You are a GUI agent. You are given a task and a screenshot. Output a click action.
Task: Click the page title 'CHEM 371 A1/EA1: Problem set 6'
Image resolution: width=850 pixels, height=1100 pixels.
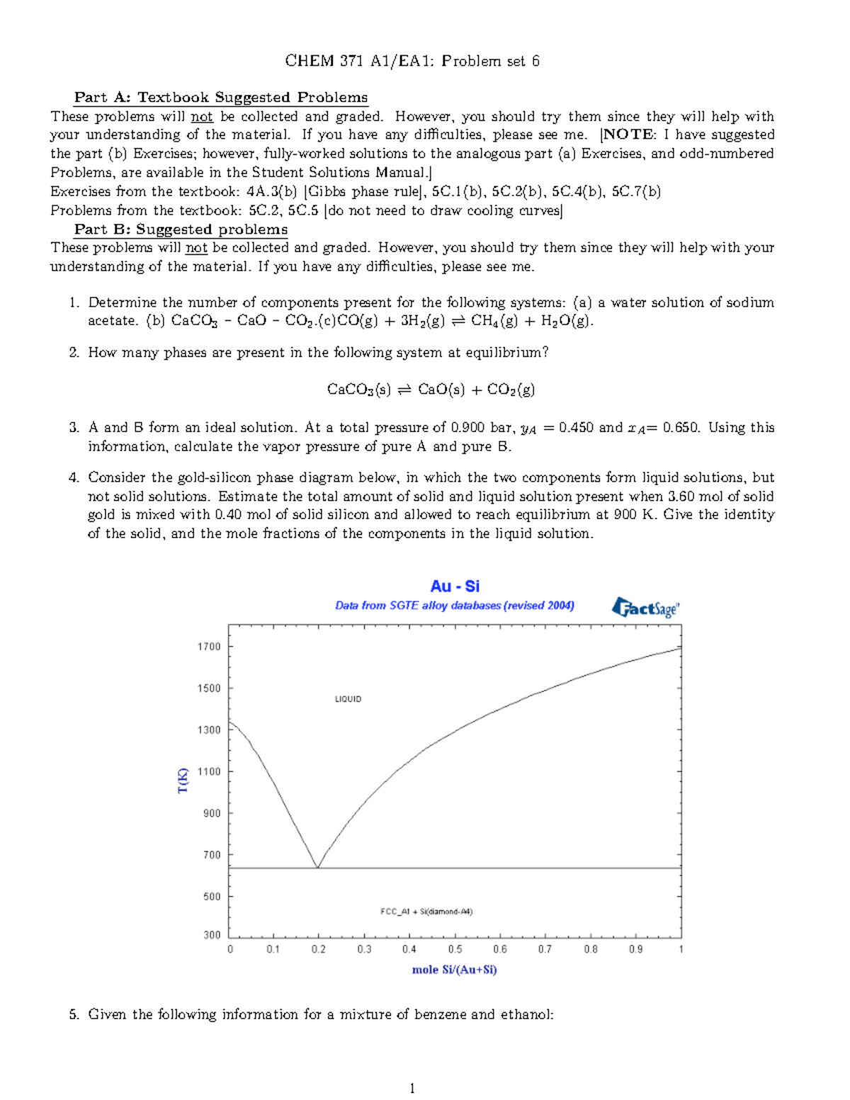[412, 61]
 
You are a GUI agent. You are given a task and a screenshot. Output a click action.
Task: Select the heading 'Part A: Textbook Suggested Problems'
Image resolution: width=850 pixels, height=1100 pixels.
[221, 98]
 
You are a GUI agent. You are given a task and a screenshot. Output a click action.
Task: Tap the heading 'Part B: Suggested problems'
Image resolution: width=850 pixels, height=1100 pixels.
[181, 229]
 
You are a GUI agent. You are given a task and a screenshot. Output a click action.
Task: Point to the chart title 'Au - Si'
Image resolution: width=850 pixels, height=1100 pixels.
[455, 586]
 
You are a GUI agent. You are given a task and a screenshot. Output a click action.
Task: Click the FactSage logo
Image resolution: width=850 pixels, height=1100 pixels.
[645, 607]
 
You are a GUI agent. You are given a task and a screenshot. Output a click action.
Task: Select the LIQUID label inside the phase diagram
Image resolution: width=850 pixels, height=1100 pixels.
[348, 699]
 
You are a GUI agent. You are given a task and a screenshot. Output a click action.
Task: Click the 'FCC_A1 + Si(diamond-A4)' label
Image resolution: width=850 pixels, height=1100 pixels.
[426, 912]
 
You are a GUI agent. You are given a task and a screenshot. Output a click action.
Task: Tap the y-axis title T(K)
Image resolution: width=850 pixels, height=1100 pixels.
[183, 780]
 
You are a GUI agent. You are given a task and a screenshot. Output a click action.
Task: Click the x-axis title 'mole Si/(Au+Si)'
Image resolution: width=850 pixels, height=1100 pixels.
[454, 970]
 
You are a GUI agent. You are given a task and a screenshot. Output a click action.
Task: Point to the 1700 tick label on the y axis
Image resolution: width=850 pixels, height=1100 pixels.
[209, 647]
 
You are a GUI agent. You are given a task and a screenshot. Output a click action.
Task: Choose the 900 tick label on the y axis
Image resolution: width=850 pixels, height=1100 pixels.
[212, 813]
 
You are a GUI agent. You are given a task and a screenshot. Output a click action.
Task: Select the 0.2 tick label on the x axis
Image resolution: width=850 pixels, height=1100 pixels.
[319, 949]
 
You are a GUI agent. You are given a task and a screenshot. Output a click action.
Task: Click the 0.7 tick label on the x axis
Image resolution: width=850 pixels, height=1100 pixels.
[545, 949]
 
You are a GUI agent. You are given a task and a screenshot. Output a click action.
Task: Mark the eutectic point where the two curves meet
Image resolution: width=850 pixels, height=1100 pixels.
[317, 867]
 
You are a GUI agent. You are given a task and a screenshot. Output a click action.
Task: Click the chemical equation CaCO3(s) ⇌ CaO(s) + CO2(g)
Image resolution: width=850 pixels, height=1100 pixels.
[431, 389]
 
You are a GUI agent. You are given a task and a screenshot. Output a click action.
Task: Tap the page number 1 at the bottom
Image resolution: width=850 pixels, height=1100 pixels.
[412, 1089]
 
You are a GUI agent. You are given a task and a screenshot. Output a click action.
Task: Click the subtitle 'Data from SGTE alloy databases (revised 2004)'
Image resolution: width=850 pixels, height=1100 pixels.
[454, 606]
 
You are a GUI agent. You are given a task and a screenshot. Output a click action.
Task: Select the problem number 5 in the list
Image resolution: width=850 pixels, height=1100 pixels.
[74, 1014]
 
